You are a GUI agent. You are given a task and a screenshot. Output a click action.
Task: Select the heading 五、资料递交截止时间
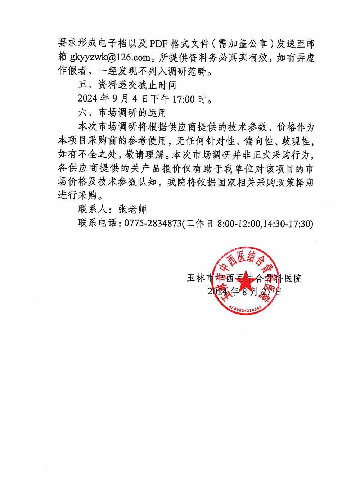coord(127,85)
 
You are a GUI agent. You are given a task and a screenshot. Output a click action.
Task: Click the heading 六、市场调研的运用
coord(122,113)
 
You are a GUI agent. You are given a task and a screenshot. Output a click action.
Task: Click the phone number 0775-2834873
coord(153,224)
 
